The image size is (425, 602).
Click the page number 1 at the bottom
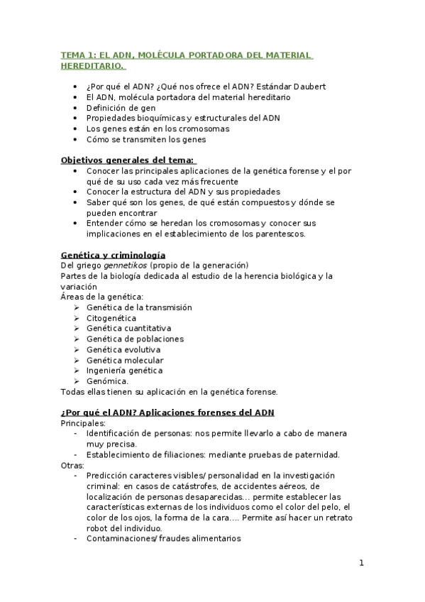click(361, 564)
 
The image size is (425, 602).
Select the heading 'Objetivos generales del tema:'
click(128, 160)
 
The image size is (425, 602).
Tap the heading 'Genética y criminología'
click(114, 255)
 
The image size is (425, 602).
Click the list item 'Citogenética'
click(111, 318)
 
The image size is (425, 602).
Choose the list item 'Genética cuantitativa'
click(128, 329)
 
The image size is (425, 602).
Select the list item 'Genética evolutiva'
click(123, 349)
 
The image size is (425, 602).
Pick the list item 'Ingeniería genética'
click(124, 371)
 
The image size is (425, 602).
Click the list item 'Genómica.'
click(107, 381)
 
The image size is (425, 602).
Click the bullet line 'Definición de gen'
click(121, 108)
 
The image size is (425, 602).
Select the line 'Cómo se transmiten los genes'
click(146, 139)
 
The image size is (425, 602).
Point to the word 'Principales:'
click(83, 423)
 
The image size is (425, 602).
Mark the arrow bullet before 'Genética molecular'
click(77, 360)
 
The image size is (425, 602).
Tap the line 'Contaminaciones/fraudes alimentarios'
click(163, 539)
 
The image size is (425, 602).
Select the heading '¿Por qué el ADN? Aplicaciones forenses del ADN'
click(167, 412)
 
